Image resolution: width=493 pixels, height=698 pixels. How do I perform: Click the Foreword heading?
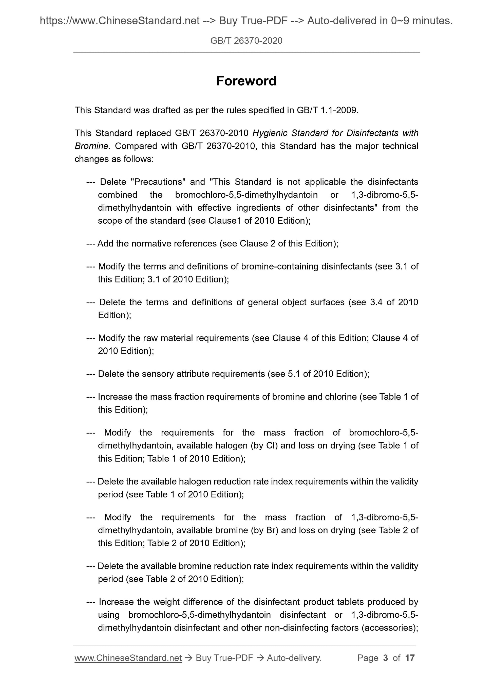pyautogui.click(x=246, y=81)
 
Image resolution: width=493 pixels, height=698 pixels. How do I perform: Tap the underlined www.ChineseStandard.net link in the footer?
pyautogui.click(x=128, y=658)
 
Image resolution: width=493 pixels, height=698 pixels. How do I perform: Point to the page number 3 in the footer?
pyautogui.click(x=386, y=658)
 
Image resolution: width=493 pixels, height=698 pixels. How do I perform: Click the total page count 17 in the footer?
pyautogui.click(x=410, y=658)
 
